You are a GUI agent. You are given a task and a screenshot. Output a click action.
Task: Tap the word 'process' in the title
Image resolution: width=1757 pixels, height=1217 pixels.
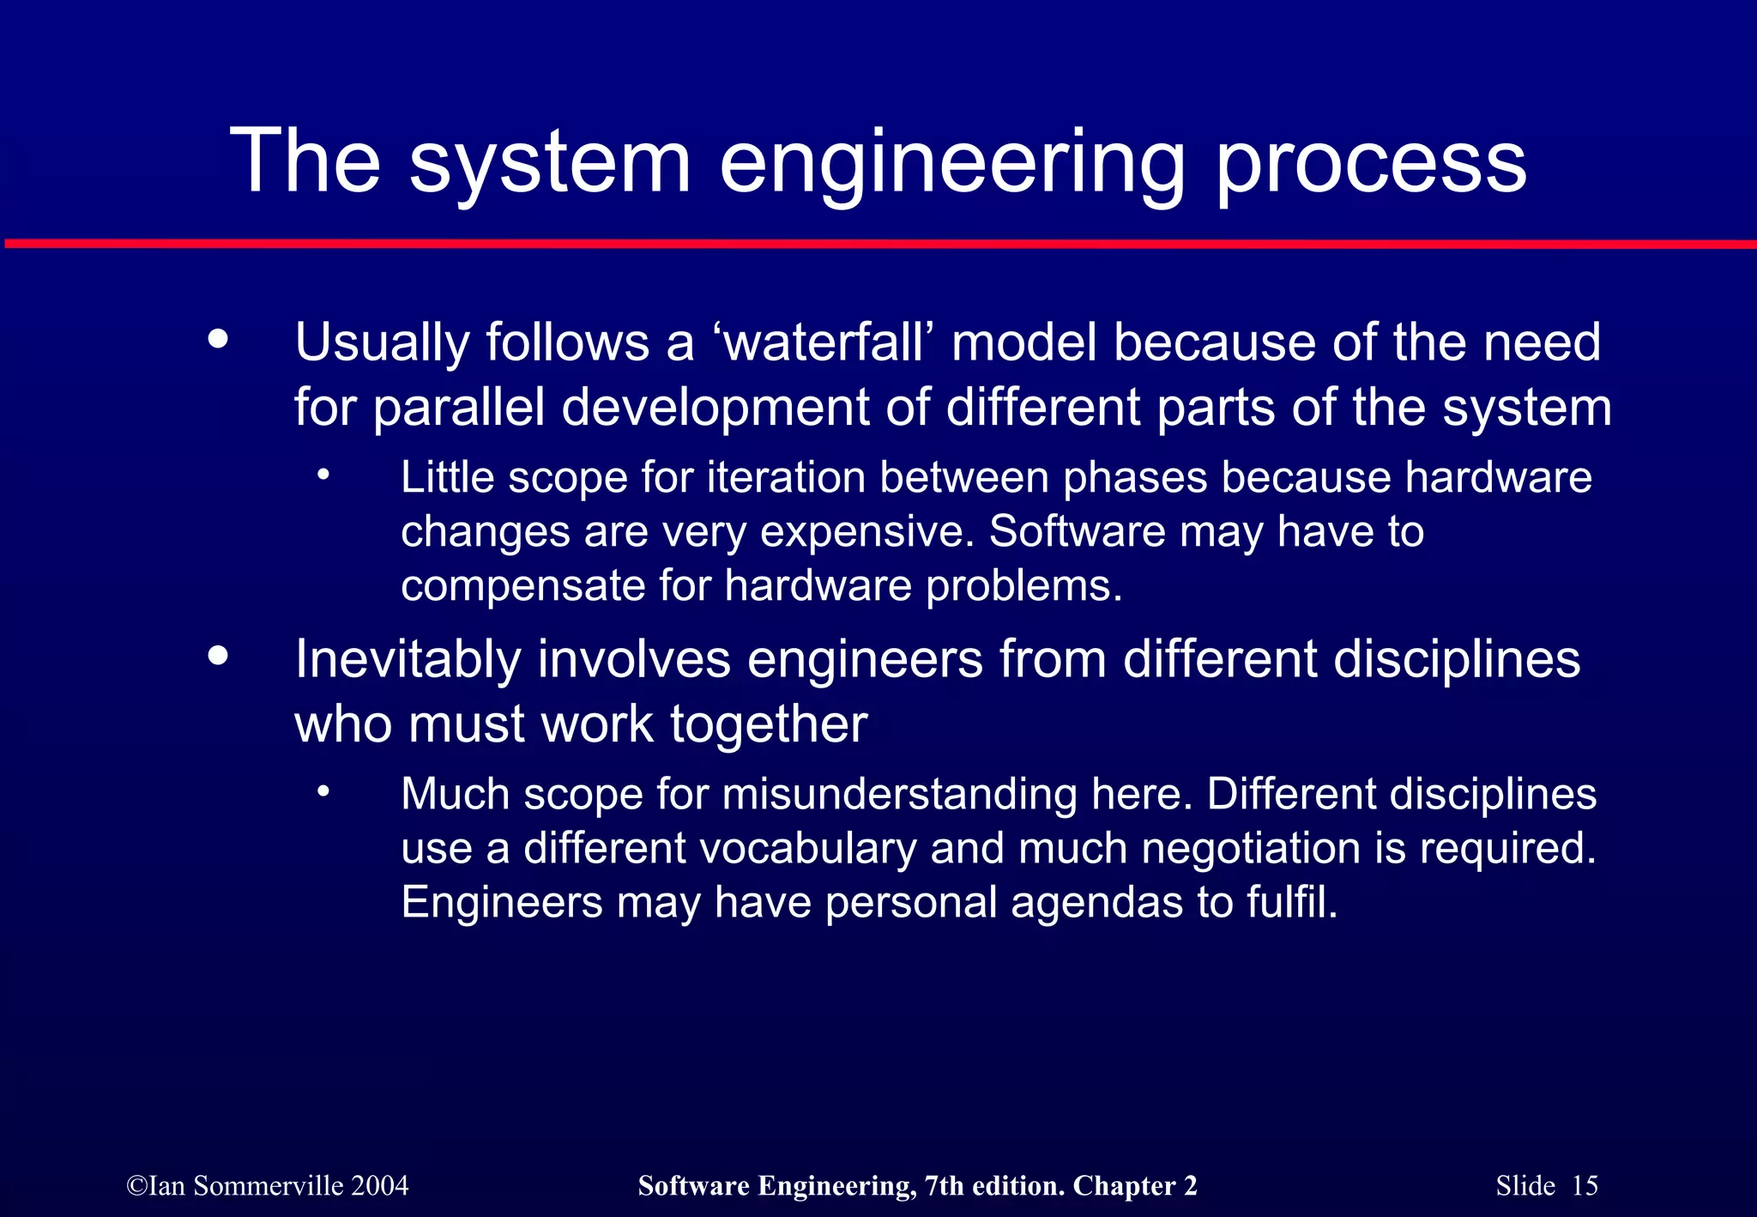(x=1371, y=163)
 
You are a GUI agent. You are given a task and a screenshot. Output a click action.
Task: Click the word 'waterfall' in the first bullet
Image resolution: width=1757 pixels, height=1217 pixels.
(x=823, y=342)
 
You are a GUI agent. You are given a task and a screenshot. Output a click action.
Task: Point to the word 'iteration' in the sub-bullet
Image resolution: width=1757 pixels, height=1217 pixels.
(x=786, y=477)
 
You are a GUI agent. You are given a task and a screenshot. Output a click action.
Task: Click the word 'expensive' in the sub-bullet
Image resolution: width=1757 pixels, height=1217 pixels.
(x=866, y=531)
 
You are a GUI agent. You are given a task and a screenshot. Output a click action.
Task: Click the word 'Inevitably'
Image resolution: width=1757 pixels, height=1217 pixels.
(x=408, y=659)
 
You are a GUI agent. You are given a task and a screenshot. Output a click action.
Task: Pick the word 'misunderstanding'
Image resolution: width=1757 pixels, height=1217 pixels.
(x=899, y=794)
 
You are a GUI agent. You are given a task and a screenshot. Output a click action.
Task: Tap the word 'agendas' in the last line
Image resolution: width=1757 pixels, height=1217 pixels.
(x=1096, y=902)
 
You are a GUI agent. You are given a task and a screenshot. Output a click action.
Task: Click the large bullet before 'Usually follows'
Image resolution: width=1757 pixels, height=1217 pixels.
(x=219, y=338)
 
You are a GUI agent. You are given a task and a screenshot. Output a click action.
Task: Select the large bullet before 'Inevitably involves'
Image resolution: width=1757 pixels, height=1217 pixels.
(x=219, y=656)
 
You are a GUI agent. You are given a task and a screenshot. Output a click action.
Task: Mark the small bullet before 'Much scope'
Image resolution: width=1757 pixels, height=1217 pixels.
(x=323, y=791)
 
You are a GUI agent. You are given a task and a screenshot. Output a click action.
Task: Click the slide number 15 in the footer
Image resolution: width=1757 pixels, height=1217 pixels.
(x=1585, y=1185)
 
